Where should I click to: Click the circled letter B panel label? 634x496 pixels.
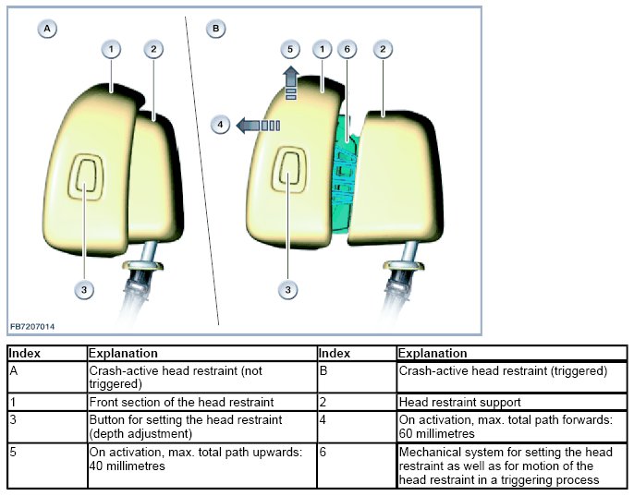click(216, 29)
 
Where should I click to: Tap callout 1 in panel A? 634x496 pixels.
click(111, 48)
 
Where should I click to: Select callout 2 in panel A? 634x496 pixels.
click(152, 48)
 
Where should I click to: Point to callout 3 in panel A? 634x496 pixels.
click(84, 289)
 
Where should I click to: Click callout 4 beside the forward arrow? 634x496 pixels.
click(220, 124)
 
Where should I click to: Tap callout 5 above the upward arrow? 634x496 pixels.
click(289, 48)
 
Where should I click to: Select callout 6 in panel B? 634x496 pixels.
click(347, 48)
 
